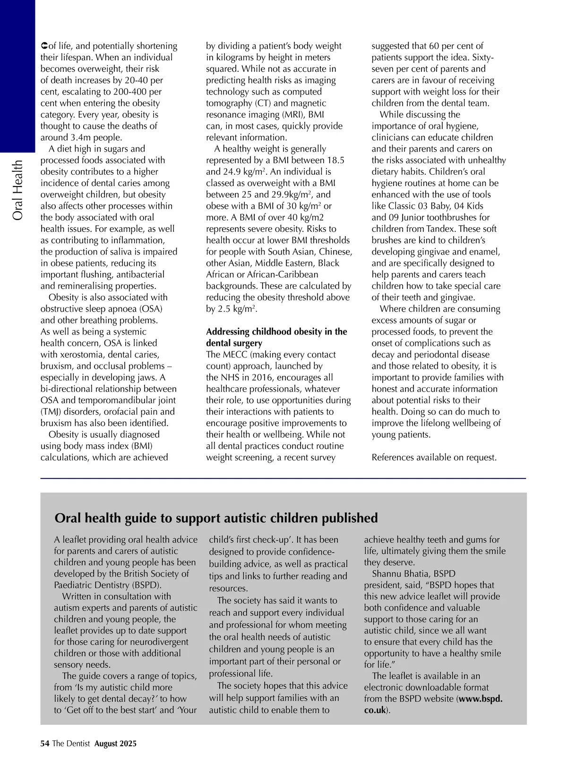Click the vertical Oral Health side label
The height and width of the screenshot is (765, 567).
tap(17, 190)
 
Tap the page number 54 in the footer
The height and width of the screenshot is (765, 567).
tap(45, 744)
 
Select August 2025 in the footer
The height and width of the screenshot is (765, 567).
tap(115, 744)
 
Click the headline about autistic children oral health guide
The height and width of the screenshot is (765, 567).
tap(216, 518)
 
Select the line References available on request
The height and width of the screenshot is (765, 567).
tap(434, 458)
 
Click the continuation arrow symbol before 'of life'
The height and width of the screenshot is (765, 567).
tap(43, 46)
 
